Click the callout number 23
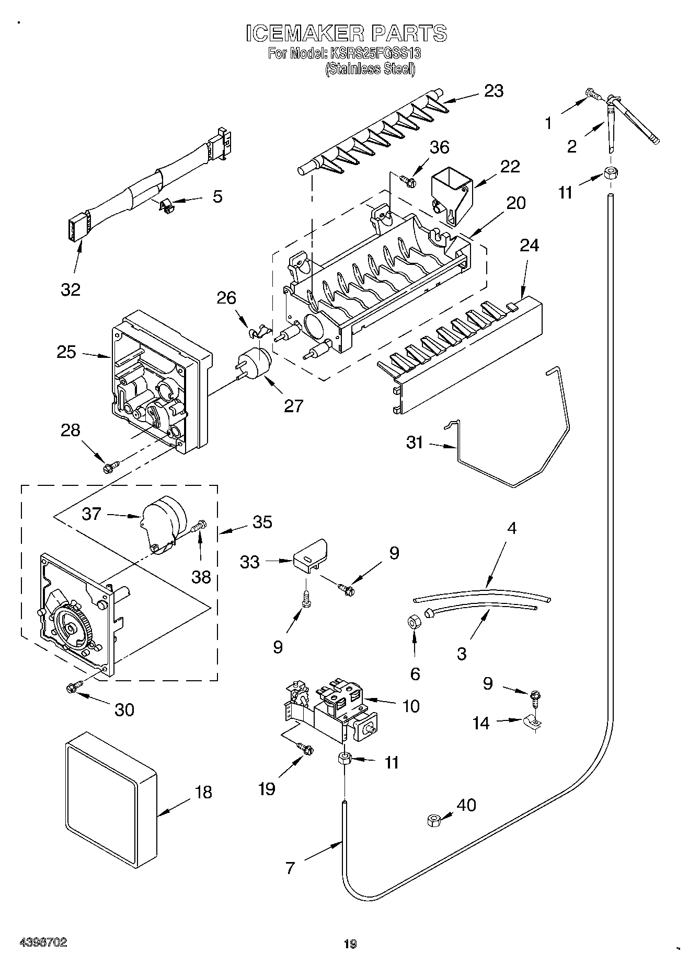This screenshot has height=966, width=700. [494, 91]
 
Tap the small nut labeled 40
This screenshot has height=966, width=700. [433, 820]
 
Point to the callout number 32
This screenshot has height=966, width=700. [71, 289]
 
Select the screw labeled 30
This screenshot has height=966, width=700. [73, 688]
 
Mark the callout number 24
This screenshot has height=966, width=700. [529, 246]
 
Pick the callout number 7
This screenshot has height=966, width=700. [290, 868]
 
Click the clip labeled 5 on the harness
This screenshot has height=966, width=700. [167, 205]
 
